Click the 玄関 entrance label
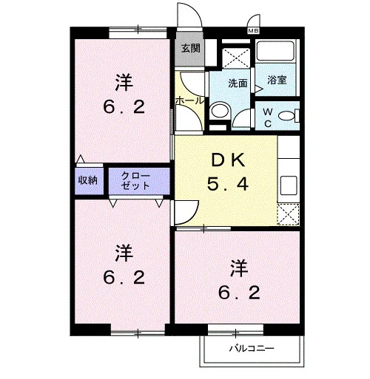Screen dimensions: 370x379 (190, 48)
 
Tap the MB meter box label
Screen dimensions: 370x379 (253, 31)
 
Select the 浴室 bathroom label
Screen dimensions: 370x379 (277, 80)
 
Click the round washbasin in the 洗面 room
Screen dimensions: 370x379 (220, 110)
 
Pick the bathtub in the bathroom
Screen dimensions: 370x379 (275, 50)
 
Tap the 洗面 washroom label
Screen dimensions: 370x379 (238, 83)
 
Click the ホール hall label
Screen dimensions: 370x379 (189, 100)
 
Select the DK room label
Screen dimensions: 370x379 (228, 160)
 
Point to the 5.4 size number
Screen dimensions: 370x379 (228, 184)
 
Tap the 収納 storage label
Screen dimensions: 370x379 (88, 180)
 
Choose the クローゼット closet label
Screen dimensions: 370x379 (135, 181)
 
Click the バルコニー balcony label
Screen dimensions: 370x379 (252, 348)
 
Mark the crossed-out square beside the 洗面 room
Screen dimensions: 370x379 (236, 58)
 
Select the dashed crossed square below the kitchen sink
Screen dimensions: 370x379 (288, 214)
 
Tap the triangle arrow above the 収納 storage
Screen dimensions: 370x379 (81, 159)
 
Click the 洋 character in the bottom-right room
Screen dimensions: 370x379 (239, 268)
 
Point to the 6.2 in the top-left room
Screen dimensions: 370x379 (124, 108)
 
